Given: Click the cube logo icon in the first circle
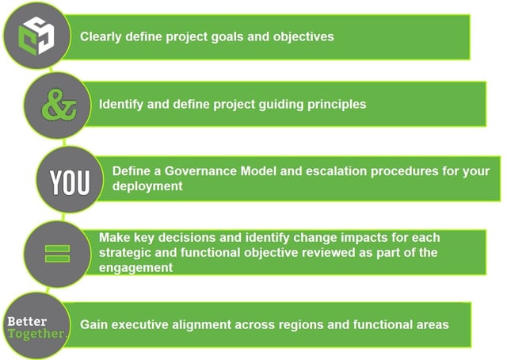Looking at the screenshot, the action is [36, 36].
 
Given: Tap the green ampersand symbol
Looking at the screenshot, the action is [59, 105].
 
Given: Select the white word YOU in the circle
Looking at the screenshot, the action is [70, 182].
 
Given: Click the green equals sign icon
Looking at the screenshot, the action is [57, 254].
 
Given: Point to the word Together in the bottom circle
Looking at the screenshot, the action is [36, 334].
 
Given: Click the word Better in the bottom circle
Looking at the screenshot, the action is [27, 321].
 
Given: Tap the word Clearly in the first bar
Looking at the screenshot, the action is [101, 36].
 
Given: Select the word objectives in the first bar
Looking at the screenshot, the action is [303, 36].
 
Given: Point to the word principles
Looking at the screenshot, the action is [337, 104].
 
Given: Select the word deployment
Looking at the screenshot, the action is [147, 186].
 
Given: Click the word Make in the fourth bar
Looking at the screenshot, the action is [114, 238].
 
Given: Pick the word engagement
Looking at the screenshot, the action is [135, 268].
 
